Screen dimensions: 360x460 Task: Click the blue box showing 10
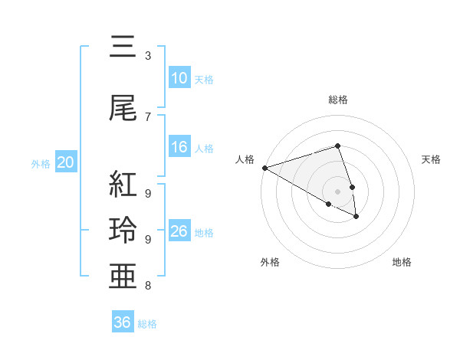[179, 78]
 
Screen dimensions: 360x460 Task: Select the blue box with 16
[179, 147]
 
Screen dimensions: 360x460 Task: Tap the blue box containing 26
[179, 231]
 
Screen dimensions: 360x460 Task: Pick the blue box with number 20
[66, 162]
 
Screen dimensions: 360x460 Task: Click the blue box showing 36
[123, 322]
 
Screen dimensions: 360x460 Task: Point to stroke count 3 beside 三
[148, 56]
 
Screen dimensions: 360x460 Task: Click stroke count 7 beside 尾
[148, 116]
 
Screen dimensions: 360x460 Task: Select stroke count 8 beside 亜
[148, 286]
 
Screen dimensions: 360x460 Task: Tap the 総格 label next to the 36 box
[147, 324]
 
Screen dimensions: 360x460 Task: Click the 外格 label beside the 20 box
[41, 163]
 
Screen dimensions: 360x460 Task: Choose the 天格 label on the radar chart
[432, 159]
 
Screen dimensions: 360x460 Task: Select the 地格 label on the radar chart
[402, 262]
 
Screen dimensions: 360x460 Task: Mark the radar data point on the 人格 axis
[264, 167]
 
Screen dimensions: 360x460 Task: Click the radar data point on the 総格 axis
[337, 146]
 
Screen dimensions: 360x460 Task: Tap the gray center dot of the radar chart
[337, 191]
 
